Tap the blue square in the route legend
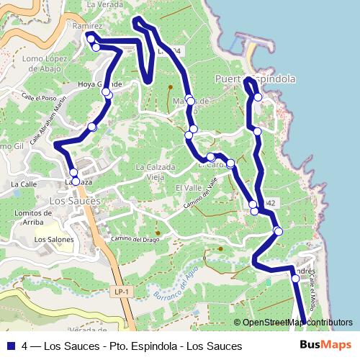point(10,346)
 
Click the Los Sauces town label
point(75,201)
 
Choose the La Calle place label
point(23,184)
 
